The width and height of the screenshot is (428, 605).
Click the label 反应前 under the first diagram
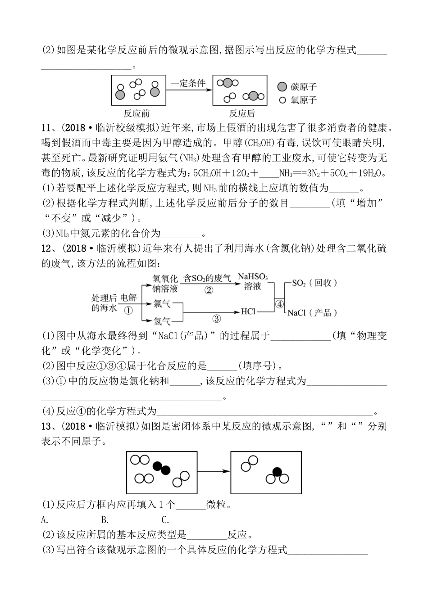click(137, 113)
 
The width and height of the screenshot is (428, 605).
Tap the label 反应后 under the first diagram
click(242, 113)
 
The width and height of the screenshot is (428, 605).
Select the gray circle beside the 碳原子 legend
click(282, 86)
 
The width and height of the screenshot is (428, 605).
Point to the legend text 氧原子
click(304, 100)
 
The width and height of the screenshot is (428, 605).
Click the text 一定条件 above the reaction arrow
click(188, 83)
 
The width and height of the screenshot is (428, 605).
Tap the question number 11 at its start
click(47, 127)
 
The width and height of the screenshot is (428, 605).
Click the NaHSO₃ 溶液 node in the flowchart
click(252, 281)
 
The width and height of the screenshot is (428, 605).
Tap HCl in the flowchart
click(248, 311)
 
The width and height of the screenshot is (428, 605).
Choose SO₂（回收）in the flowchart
click(314, 283)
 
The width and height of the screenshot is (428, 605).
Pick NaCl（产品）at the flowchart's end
click(312, 312)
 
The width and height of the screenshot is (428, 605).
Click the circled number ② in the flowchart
click(208, 290)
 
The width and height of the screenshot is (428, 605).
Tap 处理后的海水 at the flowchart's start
click(105, 302)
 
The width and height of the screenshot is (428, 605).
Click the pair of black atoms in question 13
click(161, 469)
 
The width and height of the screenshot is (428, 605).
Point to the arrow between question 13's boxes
click(214, 471)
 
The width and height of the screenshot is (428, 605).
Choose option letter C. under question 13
click(165, 520)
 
